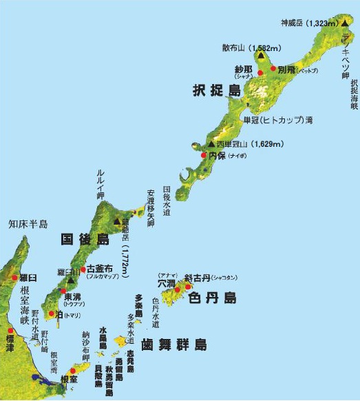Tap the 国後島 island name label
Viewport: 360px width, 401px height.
85,240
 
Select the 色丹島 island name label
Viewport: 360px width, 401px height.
211,298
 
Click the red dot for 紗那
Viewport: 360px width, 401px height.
261,72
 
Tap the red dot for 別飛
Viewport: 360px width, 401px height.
273,70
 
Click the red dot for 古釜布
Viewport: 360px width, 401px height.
83,269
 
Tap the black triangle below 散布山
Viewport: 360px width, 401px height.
261,56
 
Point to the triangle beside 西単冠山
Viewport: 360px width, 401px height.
211,144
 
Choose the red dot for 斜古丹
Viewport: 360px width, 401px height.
188,282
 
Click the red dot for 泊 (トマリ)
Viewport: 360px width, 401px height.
51,313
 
